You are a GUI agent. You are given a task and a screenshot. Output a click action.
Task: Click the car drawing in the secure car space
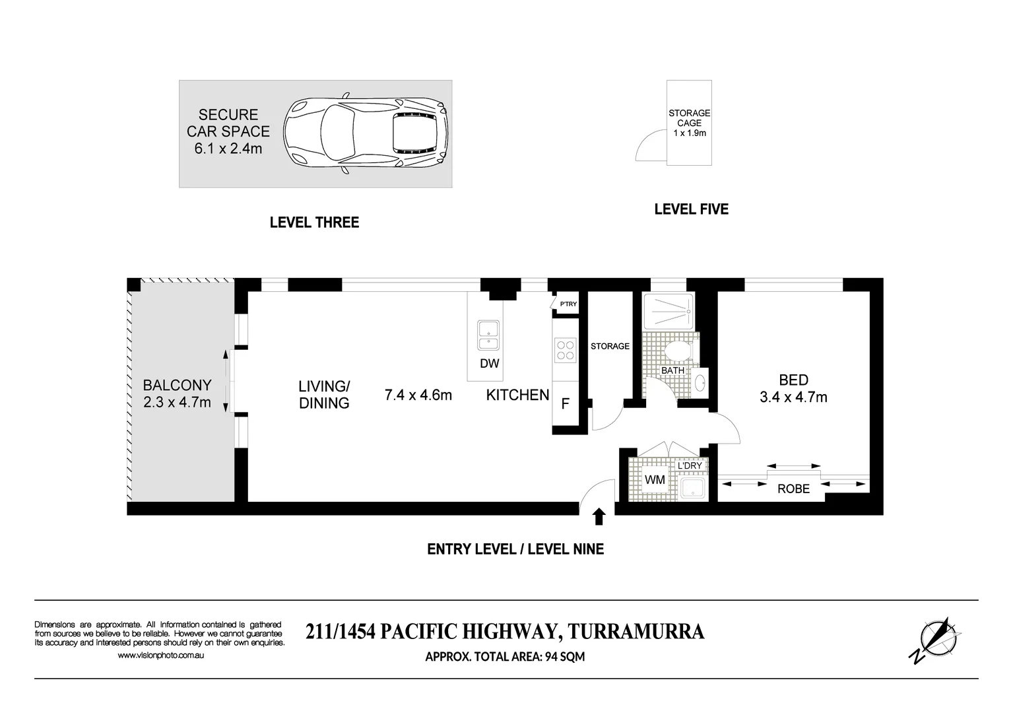click(366, 133)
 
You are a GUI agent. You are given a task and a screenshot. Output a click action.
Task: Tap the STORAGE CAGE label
click(689, 118)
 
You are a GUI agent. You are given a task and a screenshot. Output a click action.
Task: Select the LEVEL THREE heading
click(314, 222)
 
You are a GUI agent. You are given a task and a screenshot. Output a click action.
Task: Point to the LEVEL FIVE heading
click(692, 209)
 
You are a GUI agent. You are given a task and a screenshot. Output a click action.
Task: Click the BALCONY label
click(178, 385)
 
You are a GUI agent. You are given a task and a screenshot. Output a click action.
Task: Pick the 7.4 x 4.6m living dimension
click(418, 395)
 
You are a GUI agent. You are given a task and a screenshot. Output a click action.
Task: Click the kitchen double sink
click(488, 335)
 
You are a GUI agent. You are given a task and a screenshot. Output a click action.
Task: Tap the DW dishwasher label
click(489, 363)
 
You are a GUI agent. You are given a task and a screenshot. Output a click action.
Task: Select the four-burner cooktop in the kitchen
click(566, 350)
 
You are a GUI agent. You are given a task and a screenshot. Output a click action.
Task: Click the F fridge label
click(566, 403)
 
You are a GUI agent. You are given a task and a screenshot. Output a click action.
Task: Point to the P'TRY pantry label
click(568, 304)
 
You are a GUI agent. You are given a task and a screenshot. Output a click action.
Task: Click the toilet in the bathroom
click(681, 351)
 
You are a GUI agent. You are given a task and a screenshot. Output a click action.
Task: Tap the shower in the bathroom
click(669, 312)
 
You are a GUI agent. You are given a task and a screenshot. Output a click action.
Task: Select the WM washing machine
click(655, 479)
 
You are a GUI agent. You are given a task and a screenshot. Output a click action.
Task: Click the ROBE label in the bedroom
click(794, 489)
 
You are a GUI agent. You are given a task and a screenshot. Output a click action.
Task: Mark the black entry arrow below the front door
click(599, 516)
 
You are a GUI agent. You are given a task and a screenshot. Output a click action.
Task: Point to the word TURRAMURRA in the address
click(636, 632)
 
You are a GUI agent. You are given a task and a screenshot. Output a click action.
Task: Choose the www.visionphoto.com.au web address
click(160, 655)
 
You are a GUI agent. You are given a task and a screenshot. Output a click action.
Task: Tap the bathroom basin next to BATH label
click(700, 383)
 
